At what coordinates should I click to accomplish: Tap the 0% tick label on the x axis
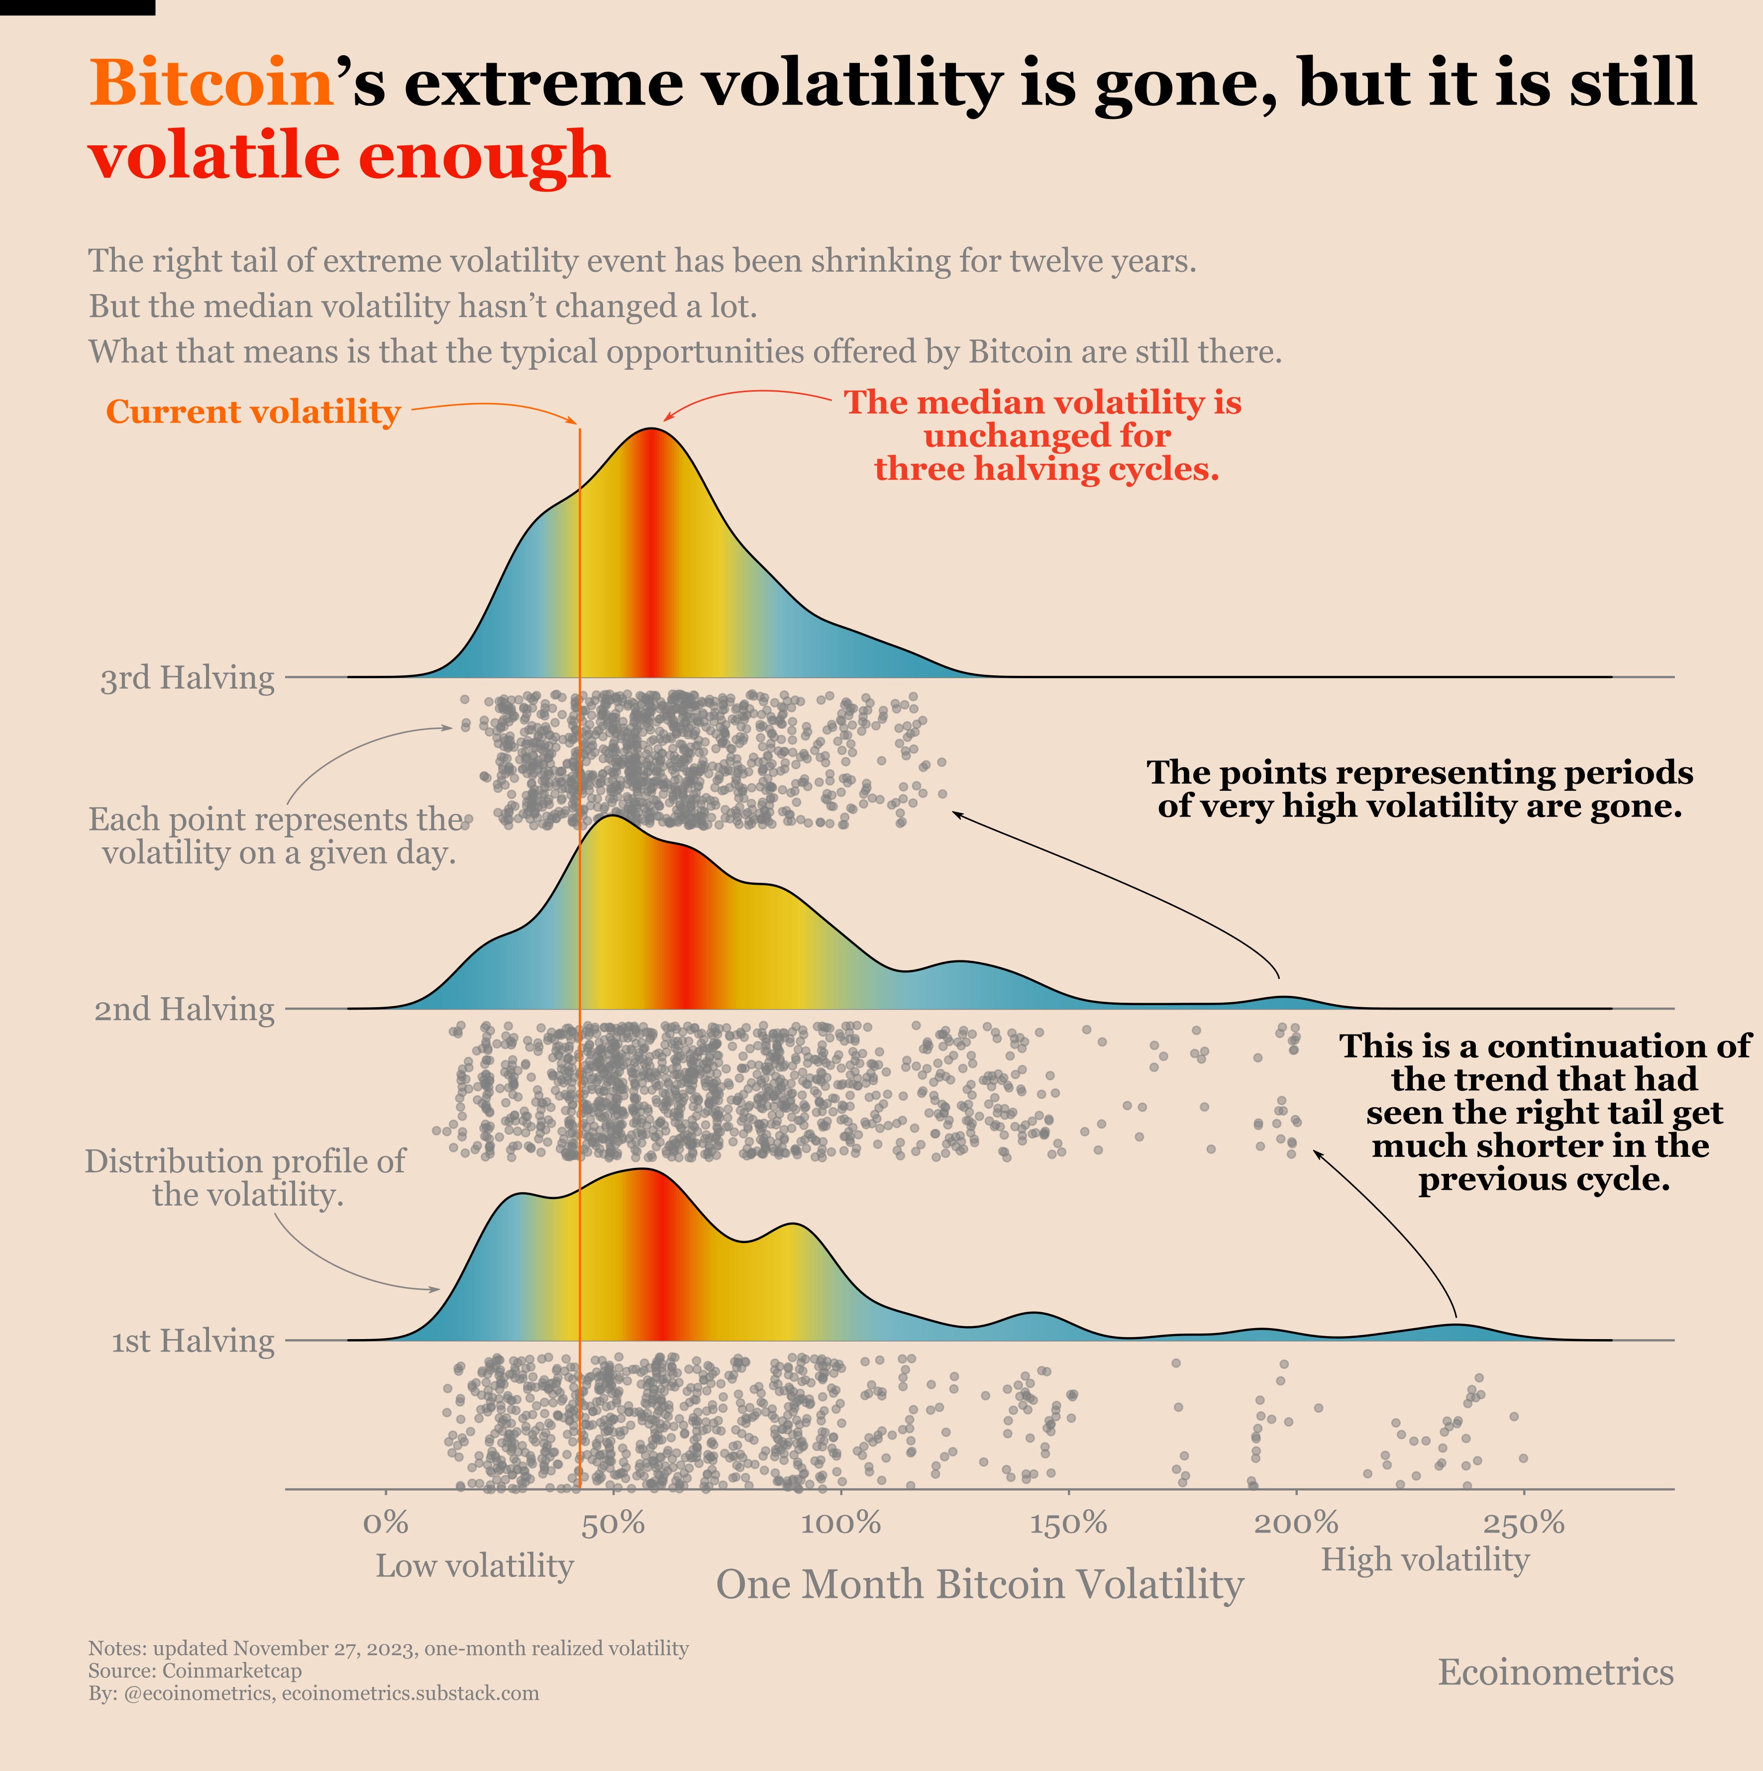385,1524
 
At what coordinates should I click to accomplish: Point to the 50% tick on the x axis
613,1524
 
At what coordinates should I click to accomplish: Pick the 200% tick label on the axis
1296,1524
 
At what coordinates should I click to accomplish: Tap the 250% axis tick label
1524,1524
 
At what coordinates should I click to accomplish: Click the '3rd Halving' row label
187,678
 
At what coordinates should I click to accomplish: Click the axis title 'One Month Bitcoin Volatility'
979,1584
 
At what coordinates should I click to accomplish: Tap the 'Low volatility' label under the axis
474,1565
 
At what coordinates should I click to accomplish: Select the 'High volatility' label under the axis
1425,1559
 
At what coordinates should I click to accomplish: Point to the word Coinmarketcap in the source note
232,1670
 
